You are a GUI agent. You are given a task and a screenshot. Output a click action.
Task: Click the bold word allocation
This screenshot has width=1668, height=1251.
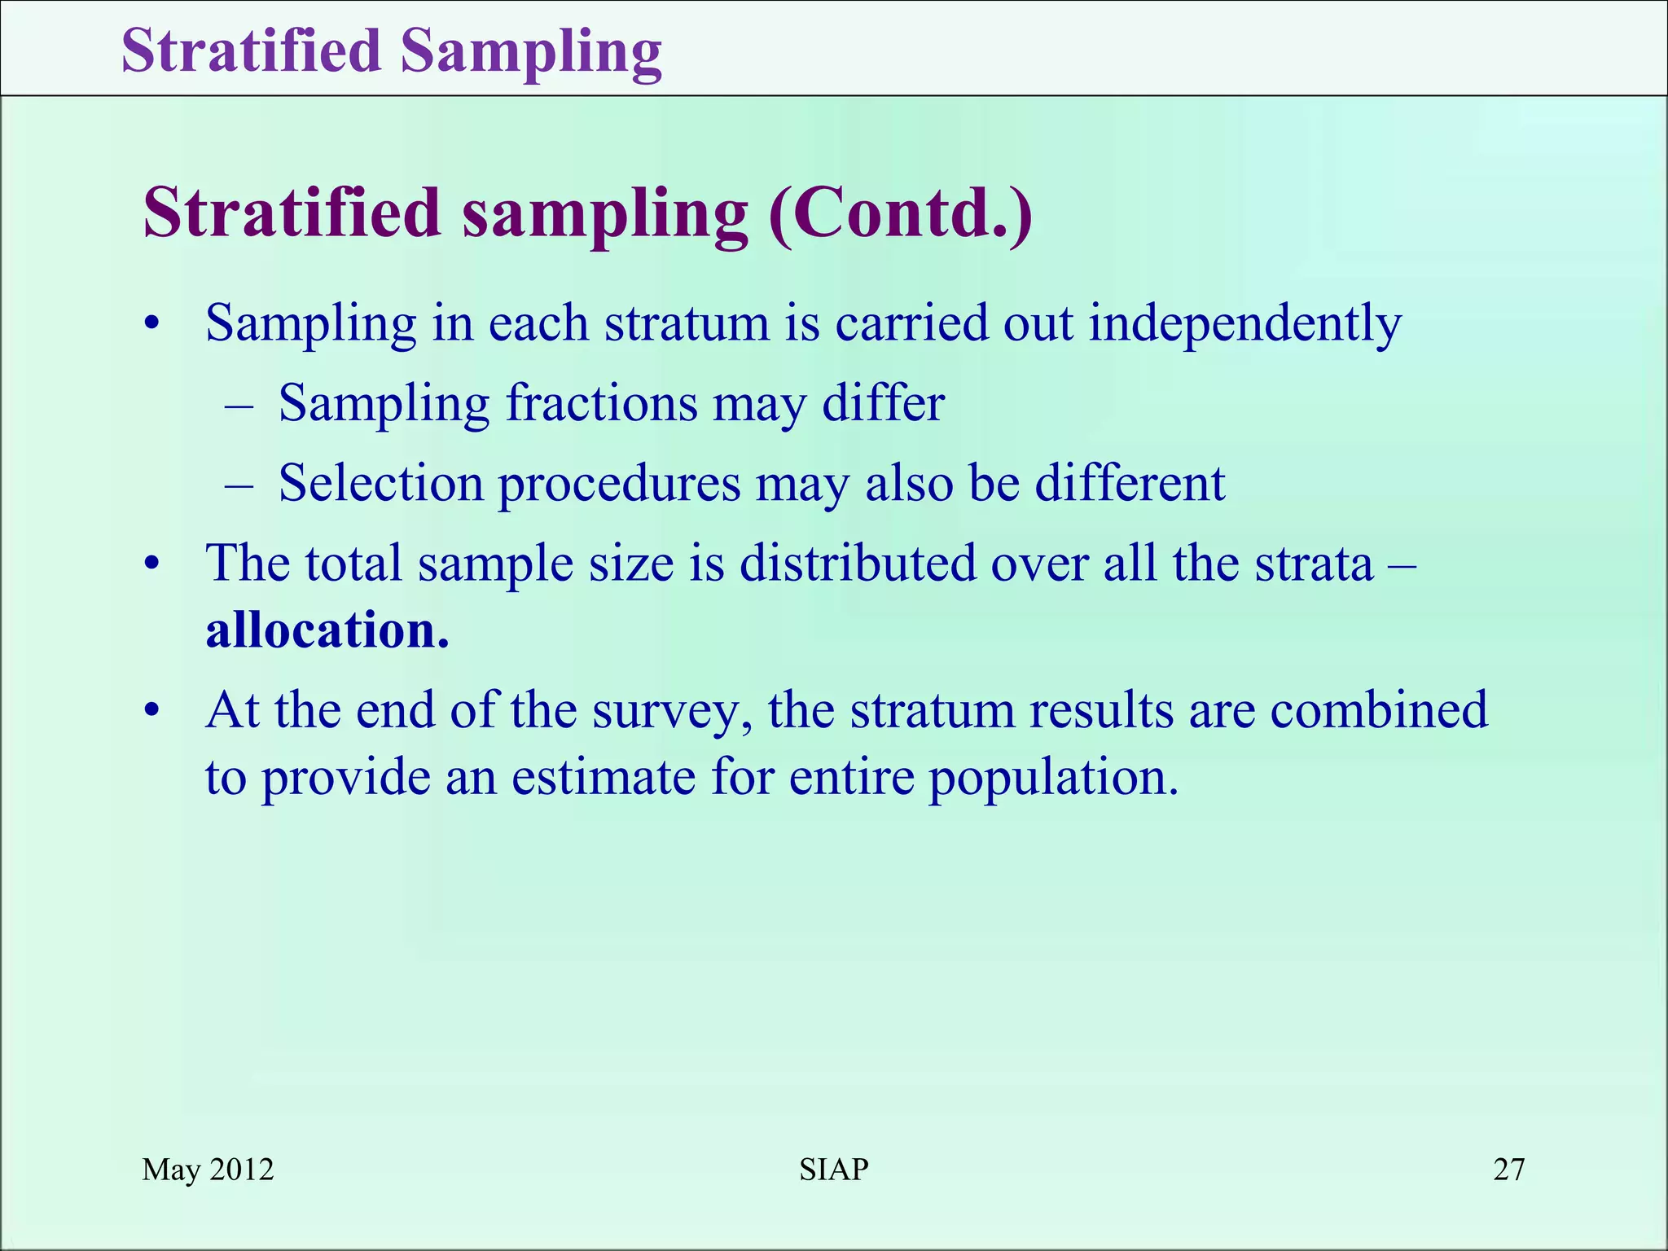coord(326,630)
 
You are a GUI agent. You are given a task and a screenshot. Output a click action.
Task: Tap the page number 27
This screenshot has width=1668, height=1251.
coord(1508,1170)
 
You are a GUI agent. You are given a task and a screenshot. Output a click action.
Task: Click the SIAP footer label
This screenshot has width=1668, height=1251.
coord(833,1170)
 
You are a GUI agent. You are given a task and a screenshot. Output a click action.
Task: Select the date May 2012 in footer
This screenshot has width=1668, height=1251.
coord(208,1170)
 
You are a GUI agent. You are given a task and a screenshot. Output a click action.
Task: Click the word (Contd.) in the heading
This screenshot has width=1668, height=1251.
coord(901,213)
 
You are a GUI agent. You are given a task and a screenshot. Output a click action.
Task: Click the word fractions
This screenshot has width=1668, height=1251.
coord(601,403)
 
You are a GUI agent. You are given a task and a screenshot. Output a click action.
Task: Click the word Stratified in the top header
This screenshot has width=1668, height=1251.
coord(251,50)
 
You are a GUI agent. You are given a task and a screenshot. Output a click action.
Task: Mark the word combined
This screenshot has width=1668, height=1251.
coord(1378,709)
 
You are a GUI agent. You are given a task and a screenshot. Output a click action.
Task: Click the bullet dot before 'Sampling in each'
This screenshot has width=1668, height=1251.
coord(151,326)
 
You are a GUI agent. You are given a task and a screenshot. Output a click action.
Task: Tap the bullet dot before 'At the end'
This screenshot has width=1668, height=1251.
coord(151,712)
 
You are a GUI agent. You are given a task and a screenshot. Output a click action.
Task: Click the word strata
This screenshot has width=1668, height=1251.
coord(1314,563)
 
